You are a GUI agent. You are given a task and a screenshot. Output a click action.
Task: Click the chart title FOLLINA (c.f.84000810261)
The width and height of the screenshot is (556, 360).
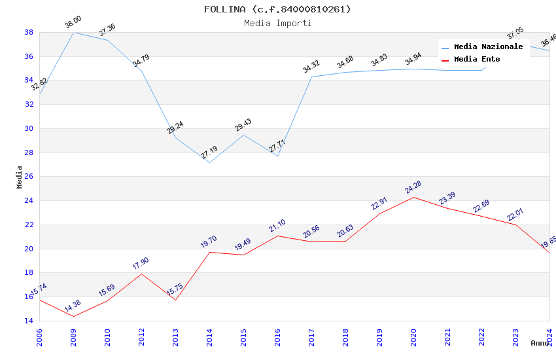pos(277,9)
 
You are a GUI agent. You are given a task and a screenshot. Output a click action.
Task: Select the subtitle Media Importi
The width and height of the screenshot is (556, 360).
pos(277,24)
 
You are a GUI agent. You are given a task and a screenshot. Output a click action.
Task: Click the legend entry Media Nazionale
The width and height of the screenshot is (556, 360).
pos(488,47)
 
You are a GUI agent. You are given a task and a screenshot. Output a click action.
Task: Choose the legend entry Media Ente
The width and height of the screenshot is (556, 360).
pos(477,60)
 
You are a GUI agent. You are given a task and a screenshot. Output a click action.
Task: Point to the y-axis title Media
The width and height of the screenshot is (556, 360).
pos(20,177)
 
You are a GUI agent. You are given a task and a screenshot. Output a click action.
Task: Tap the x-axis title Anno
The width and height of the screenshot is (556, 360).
pos(540,343)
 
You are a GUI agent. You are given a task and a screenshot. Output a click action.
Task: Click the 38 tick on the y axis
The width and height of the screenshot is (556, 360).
pos(29,32)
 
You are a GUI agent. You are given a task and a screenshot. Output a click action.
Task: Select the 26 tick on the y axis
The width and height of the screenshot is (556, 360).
pos(29,177)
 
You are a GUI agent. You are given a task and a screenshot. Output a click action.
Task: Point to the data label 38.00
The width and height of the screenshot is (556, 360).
pos(73,24)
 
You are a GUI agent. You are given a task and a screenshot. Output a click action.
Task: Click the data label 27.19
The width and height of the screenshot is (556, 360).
pos(209,153)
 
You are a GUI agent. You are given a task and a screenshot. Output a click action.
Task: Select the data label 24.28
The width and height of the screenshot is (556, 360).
pos(413,187)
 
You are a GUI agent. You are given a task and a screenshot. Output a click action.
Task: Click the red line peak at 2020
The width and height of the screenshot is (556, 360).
pos(413,197)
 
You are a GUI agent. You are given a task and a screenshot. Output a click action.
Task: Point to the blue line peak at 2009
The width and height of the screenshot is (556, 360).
pos(73,32)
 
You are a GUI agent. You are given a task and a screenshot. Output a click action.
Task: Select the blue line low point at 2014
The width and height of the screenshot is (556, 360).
pos(209,162)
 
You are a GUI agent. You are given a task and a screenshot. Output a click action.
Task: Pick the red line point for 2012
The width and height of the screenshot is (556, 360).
pos(141,274)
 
